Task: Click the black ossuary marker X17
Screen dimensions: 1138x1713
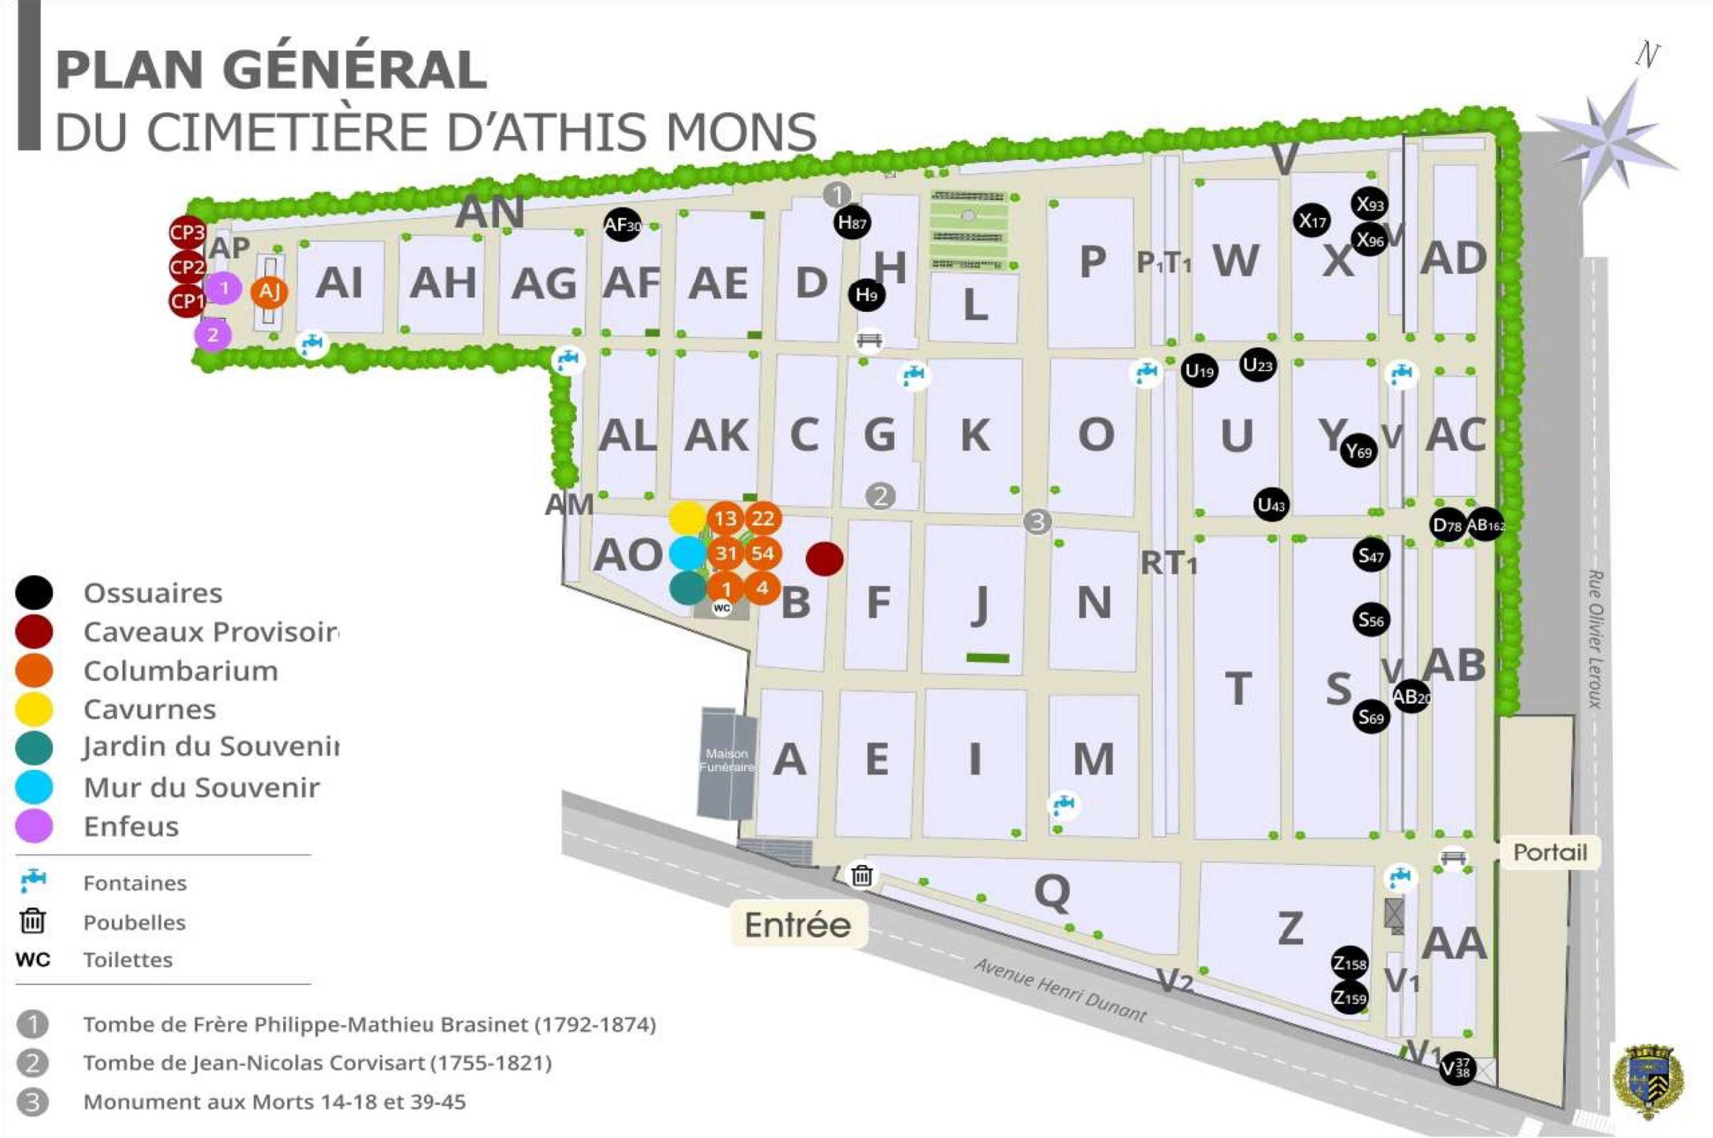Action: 1311,220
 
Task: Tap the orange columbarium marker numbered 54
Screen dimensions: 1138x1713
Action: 762,553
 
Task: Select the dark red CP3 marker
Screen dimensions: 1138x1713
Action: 187,233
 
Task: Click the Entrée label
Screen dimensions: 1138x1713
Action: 798,924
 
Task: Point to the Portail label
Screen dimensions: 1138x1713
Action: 1550,852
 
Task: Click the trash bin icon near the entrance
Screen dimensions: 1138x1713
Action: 862,876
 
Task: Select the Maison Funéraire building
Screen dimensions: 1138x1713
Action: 726,762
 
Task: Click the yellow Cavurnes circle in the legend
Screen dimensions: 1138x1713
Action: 34,709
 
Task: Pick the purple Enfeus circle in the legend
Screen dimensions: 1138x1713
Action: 34,826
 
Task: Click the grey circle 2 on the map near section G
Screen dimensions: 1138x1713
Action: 881,497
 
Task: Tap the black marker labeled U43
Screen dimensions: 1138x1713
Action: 1271,505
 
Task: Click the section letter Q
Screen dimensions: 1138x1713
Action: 1052,891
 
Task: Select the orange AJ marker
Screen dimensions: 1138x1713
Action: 269,292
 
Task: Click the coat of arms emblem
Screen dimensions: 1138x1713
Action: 1647,1081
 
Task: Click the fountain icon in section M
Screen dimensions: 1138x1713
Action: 1064,803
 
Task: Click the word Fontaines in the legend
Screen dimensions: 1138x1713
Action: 135,883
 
